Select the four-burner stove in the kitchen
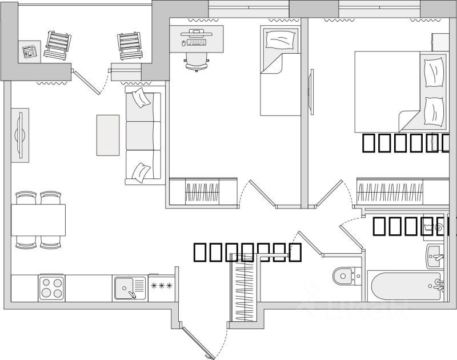tap(51, 287)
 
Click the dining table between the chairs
tap(38, 220)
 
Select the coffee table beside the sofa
tap(108, 135)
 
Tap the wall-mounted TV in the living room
tap(20, 135)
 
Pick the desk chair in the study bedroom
tap(196, 59)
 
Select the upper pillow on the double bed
tap(435, 72)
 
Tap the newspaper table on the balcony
tap(29, 51)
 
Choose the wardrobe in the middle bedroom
tap(203, 192)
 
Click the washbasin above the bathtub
tap(436, 255)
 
